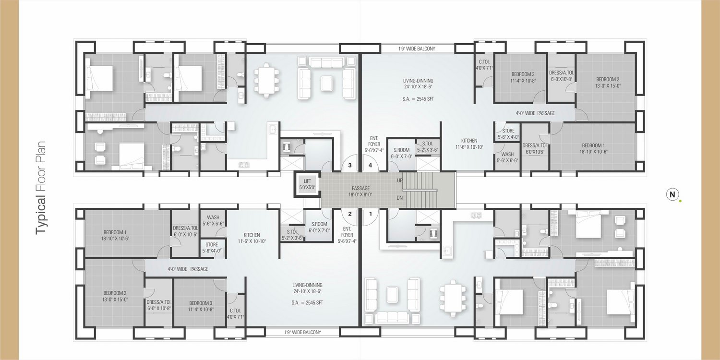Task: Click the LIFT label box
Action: (307, 184)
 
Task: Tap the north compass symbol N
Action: (672, 194)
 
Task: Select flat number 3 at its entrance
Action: (350, 166)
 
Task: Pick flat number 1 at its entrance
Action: (371, 214)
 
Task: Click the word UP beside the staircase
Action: (399, 180)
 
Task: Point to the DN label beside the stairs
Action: (399, 198)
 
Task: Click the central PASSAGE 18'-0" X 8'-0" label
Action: (360, 191)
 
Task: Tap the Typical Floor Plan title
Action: (41, 188)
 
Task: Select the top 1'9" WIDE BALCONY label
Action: (417, 48)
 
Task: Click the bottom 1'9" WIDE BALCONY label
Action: (303, 332)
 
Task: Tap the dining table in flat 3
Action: (266, 80)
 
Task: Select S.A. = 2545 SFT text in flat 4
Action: (418, 99)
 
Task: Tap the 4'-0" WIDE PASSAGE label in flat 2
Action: (188, 269)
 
